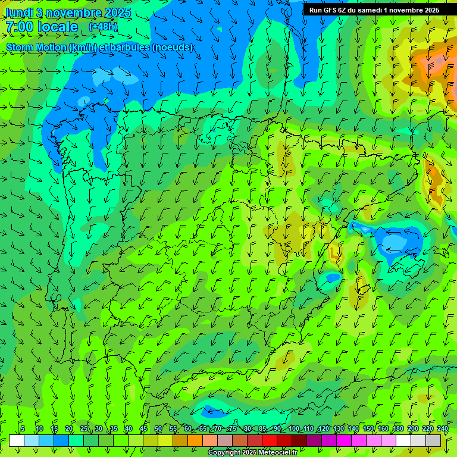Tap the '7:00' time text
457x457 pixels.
[19, 27]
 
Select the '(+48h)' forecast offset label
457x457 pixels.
[103, 26]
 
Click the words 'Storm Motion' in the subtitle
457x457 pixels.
[35, 47]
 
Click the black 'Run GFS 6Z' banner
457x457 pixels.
[374, 10]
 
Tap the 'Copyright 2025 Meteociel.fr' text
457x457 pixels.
[256, 453]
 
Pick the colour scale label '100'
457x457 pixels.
[294, 428]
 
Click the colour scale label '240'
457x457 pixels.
[443, 428]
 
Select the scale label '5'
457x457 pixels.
[23, 428]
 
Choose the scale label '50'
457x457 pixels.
[158, 428]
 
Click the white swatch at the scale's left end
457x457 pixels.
[17, 440]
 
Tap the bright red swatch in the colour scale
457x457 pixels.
[270, 440]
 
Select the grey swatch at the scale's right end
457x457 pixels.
[433, 440]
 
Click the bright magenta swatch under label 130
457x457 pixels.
[344, 440]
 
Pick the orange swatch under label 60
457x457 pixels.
[195, 440]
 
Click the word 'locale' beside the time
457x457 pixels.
[58, 27]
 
